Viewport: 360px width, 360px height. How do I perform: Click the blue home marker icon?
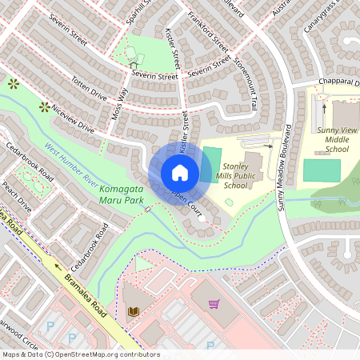(180, 173)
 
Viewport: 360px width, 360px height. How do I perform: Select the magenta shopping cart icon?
(214, 304)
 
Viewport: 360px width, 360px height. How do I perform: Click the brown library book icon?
(132, 310)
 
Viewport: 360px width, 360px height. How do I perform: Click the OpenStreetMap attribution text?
(70, 354)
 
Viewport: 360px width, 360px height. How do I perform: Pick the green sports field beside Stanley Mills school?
(211, 158)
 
